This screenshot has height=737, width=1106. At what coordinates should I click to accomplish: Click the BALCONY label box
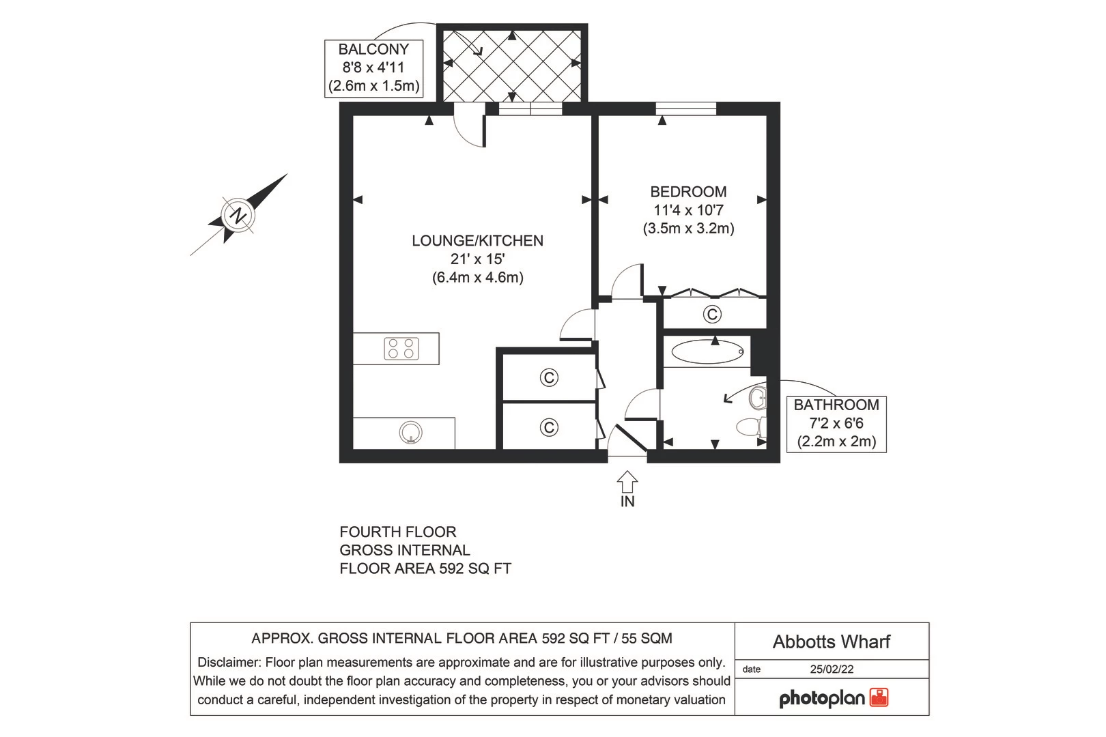coord(373,68)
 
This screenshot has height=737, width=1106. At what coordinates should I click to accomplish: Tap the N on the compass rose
coord(238,216)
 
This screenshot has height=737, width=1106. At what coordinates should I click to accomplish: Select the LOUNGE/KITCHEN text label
coord(477,241)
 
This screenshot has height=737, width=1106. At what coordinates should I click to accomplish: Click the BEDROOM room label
coord(688,192)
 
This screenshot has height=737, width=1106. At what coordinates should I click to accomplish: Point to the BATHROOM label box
coord(836,423)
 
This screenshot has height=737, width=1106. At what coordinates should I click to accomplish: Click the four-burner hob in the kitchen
coord(401,349)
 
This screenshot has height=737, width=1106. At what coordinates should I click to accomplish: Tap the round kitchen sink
coord(411,433)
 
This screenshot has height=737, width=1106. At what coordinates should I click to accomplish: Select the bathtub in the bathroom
coord(707,352)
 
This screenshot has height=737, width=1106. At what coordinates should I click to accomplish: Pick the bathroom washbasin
coord(758,397)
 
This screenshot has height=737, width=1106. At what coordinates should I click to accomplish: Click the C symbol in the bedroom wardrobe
coord(712,314)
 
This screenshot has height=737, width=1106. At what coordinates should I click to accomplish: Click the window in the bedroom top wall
coord(686,109)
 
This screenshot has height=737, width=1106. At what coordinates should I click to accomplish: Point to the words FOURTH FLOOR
coord(397,532)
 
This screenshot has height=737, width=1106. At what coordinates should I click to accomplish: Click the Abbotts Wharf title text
coord(832,641)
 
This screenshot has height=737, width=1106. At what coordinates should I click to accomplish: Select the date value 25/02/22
coord(832,669)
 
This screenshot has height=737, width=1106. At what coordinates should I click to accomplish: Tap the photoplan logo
coord(833,698)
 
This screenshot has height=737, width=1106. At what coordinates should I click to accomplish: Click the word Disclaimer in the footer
coord(228,663)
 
